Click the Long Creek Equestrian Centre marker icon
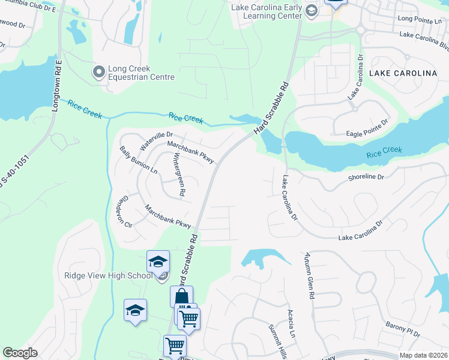click(x=98, y=72)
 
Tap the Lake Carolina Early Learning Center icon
click(x=311, y=11)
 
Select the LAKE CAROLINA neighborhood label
click(x=403, y=73)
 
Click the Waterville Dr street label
click(x=155, y=142)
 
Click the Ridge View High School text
click(x=109, y=276)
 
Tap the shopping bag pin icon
click(x=181, y=296)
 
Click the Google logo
click(x=20, y=353)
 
